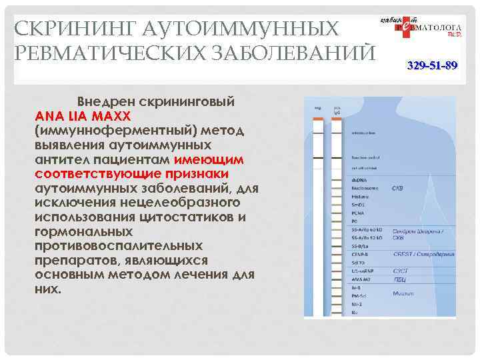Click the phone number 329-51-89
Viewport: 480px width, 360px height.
tap(433, 66)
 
